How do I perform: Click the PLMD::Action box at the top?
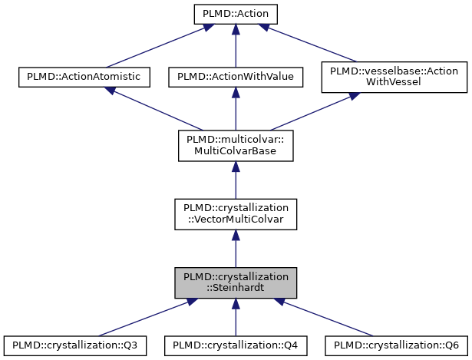235,14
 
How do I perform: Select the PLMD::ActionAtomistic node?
84,77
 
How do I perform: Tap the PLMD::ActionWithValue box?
235,77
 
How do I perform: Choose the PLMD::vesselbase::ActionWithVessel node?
386,77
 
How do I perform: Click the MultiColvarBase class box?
235,145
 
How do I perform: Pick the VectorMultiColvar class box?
235,214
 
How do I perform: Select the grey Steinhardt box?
235,283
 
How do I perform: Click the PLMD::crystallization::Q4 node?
235,346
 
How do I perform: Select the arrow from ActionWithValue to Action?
235,46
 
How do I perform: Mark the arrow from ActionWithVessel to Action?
311,45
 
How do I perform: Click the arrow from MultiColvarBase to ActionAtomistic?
153,108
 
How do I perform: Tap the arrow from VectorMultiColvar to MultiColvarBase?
235,180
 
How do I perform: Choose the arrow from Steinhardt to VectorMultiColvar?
235,249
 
